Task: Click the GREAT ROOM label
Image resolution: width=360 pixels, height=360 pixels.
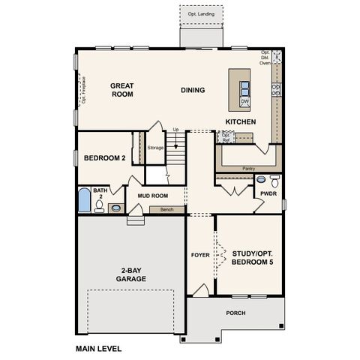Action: tap(121, 90)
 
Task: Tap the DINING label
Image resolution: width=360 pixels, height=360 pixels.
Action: tap(193, 90)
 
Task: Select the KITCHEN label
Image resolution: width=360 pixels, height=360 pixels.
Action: tap(241, 121)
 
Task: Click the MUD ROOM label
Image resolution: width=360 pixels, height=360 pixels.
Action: tap(152, 196)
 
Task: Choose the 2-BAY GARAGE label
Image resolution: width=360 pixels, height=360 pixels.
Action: tap(131, 274)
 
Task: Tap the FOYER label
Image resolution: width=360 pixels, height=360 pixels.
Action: tap(200, 255)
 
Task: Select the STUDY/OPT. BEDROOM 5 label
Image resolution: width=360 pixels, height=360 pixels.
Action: tap(250, 259)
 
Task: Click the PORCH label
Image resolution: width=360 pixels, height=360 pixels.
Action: tap(235, 313)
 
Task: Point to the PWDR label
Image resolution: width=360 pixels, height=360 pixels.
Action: tap(268, 193)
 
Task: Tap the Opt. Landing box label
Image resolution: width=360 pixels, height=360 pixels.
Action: tap(200, 13)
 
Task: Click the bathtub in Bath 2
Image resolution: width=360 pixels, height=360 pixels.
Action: tap(84, 202)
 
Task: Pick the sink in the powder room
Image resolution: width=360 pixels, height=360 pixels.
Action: tap(260, 180)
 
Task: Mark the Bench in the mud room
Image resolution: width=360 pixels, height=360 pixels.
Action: tap(166, 210)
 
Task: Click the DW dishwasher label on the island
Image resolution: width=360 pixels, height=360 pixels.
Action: tap(245, 101)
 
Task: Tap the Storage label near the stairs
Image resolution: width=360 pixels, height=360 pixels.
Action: tap(155, 148)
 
